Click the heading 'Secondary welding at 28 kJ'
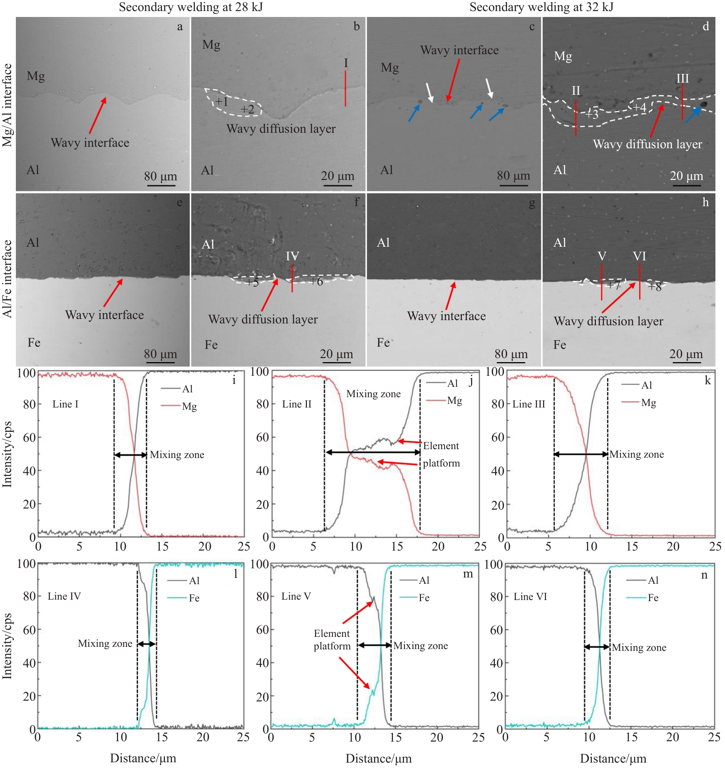[191, 7]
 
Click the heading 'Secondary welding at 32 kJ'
[541, 7]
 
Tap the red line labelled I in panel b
[345, 88]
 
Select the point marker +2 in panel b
[247, 110]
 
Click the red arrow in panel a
[97, 115]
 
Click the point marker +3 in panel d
[591, 114]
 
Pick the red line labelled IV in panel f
[292, 278]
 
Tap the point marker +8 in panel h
[655, 287]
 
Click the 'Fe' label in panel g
[383, 342]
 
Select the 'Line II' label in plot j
[297, 404]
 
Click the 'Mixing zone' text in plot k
[637, 454]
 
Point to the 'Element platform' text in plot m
[332, 639]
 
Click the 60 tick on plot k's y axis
[498, 437]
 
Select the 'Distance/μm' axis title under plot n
[613, 758]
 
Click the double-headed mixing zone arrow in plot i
[131, 455]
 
